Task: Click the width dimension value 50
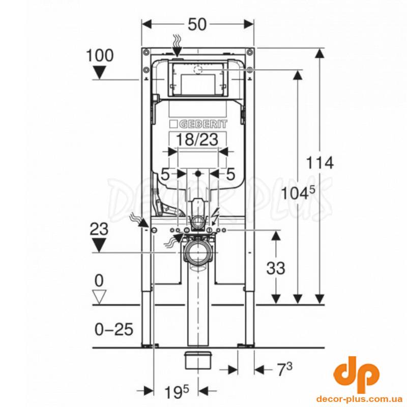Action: pos(197,24)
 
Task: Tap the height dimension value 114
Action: pos(319,163)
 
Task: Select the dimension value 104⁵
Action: pos(298,193)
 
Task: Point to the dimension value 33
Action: pos(276,268)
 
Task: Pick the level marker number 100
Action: pos(100,55)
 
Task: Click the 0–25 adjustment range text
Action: pos(114,329)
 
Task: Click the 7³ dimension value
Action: pos(284,369)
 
